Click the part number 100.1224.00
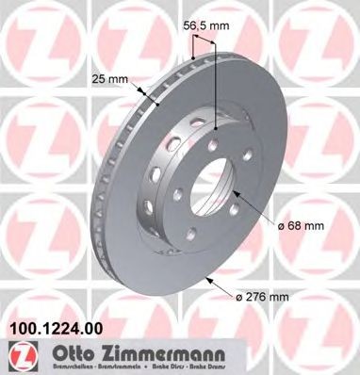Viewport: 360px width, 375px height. [55, 331]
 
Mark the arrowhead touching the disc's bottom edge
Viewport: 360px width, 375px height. [209, 279]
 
